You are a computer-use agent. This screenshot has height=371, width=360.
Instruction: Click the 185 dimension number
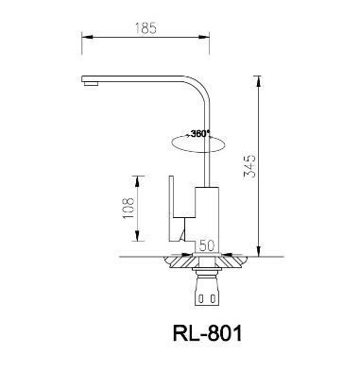146,30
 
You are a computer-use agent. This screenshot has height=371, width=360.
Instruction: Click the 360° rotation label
199,133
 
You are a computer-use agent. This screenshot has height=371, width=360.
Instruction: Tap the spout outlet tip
91,83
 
